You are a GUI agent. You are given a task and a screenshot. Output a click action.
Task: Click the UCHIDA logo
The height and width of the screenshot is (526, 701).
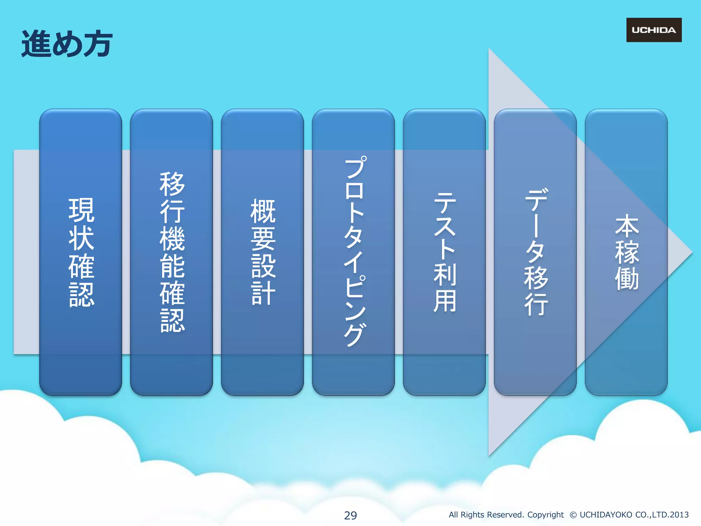[x=654, y=30]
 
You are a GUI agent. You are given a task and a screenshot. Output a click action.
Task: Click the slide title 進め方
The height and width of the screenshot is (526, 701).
[x=67, y=44]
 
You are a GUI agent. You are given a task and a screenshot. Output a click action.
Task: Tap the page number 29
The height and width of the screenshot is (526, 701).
[x=350, y=515]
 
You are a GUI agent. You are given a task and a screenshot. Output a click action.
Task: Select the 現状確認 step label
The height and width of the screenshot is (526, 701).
[x=81, y=252]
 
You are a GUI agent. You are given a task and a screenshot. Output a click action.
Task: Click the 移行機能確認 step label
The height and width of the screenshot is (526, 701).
[x=172, y=252]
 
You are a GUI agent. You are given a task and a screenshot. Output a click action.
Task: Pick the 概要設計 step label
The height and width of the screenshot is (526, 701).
[x=263, y=252]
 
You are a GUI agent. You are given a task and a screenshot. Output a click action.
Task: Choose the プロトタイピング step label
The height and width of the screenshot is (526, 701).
[x=355, y=252]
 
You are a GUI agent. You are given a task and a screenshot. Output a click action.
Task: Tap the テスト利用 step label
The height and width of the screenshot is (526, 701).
[x=445, y=252]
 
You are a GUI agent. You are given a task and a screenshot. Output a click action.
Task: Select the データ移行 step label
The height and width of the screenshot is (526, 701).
[x=536, y=252]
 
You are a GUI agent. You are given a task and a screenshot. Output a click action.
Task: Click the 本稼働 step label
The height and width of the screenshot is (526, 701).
[x=627, y=252]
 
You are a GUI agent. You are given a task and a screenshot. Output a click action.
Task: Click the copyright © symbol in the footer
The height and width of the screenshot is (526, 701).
[x=573, y=515]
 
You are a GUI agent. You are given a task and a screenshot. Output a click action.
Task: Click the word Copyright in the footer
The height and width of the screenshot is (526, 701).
[x=545, y=515]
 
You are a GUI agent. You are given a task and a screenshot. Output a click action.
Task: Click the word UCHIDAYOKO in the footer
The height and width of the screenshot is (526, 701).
[x=606, y=515]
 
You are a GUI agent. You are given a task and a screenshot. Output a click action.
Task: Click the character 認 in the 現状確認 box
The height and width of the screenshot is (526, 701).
[x=81, y=295]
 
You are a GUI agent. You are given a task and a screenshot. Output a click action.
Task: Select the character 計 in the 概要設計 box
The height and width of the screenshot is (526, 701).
[x=263, y=293]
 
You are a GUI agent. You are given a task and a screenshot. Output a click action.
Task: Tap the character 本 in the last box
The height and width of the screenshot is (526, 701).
[x=627, y=226]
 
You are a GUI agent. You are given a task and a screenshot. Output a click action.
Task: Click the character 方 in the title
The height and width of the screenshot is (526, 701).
[x=98, y=44]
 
